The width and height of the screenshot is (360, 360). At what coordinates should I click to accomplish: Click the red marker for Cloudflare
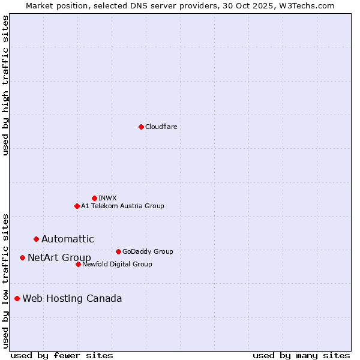pos(141,127)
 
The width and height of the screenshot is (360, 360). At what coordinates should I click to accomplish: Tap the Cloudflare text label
pos(161,127)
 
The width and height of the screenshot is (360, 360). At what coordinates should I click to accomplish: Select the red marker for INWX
pos(94,198)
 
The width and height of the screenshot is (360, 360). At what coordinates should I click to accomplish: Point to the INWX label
pos(107,198)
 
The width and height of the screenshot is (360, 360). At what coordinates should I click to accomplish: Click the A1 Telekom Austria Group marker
pos(77,206)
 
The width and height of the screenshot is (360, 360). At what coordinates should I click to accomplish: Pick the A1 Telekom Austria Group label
pos(122,206)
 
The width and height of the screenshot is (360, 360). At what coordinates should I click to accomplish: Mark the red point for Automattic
pos(36,239)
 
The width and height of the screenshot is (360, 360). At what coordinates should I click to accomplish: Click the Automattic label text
pos(68,239)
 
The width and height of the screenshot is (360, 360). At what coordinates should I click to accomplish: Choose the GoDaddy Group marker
pos(118,251)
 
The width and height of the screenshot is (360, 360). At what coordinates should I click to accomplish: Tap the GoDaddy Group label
pos(148,251)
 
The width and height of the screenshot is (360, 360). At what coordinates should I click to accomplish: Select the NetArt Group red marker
pos(22,257)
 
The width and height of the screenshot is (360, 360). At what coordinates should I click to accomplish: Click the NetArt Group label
pos(59,258)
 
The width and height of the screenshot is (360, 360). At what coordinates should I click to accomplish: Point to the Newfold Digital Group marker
pos(78,264)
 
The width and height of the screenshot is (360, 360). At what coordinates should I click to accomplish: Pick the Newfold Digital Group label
pos(117,264)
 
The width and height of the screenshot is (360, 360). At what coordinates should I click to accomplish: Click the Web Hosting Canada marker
pos(17,298)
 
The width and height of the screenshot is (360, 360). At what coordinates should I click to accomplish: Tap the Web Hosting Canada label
pos(72,298)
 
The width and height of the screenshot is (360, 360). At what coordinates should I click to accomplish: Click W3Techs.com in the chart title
pos(310,5)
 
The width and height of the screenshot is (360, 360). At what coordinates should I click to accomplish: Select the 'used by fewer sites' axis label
pos(62,355)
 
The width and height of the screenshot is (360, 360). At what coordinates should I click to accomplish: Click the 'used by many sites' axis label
pos(301,355)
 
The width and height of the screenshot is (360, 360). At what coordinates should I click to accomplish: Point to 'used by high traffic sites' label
pos(6,85)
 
